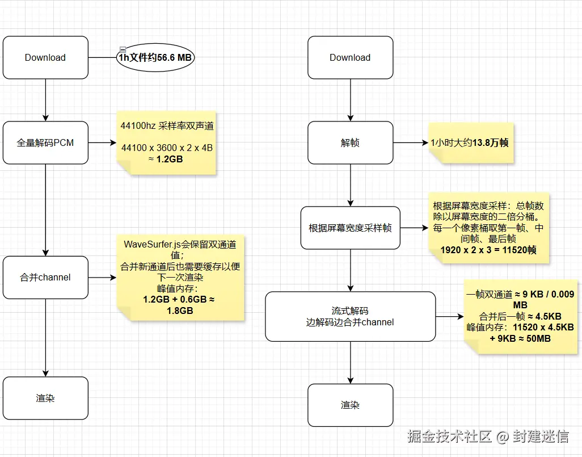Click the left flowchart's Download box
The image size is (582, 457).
pos(45,57)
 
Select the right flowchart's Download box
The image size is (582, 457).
pos(350,57)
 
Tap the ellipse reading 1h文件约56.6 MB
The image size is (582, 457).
pos(155,58)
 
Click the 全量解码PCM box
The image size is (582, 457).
pos(45,142)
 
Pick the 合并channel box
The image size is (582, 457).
pos(45,277)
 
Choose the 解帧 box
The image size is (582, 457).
pos(350,142)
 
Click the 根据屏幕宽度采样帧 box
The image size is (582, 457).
pos(350,228)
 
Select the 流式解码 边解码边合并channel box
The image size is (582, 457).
pos(350,316)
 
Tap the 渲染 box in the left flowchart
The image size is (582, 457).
pos(45,398)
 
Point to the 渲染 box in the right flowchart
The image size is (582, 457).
pos(350,405)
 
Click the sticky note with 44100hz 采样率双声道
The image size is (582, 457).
pos(167,142)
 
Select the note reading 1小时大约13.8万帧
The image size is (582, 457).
pos(471,142)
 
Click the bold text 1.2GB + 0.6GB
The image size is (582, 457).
pos(179,299)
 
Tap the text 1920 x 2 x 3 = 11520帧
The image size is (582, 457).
pos(488,249)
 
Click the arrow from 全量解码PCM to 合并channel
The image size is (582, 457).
pos(45,210)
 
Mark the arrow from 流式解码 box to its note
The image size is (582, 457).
pos(449,316)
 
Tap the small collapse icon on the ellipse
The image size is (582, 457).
pos(122,49)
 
